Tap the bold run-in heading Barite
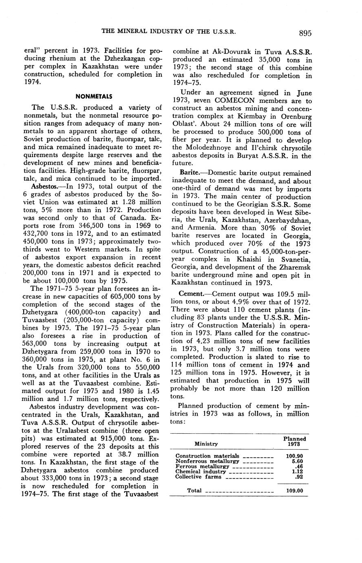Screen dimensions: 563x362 coord(190,173)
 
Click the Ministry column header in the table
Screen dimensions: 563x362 coord(206,444)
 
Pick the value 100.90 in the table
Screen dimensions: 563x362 coord(295,456)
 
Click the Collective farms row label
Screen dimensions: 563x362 coord(198,477)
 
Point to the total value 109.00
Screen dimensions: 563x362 coord(295,491)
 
